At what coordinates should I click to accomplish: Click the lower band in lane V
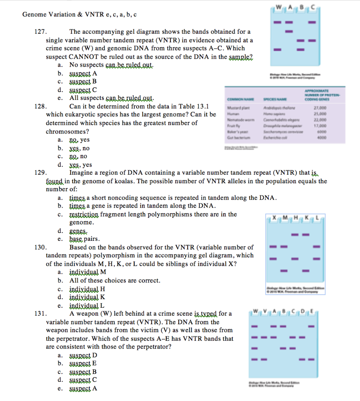pos(263,359)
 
